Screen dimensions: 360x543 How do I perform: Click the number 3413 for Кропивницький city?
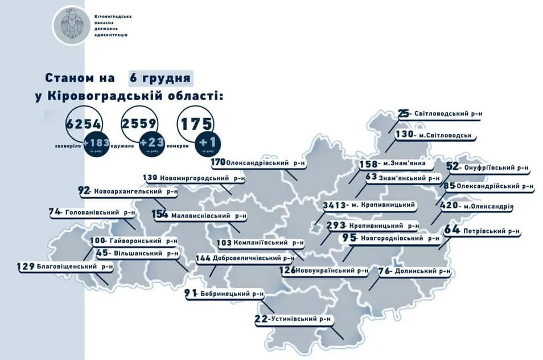click(334, 205)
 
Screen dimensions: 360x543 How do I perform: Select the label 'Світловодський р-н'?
click(449, 114)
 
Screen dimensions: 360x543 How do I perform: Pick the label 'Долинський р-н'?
click(422, 272)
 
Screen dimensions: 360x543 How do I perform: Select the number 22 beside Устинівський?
click(261, 320)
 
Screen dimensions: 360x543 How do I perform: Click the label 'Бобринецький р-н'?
click(233, 294)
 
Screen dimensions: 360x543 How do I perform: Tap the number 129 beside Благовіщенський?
click(26, 266)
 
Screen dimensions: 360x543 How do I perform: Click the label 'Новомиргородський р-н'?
click(199, 178)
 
